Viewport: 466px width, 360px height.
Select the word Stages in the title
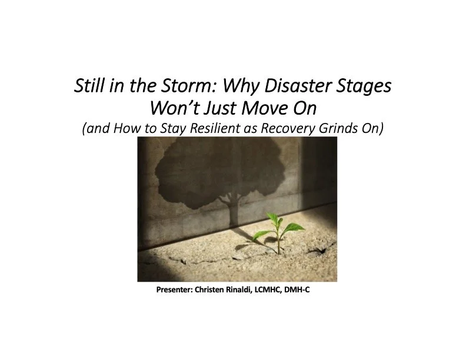coord(364,87)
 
